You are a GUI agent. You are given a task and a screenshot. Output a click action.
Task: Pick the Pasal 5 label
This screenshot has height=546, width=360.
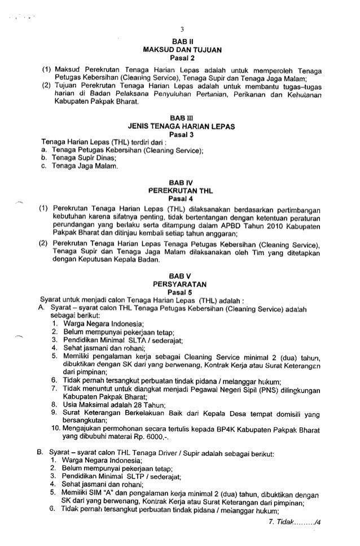tap(179, 291)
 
